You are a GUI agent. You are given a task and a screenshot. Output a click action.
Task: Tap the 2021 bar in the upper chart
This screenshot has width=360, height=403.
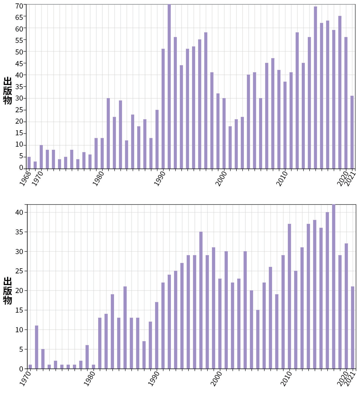tap(352, 132)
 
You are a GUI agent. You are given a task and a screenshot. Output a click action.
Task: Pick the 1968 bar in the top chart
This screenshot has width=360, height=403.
tap(29, 163)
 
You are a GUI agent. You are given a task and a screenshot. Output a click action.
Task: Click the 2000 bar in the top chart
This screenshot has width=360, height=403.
tap(224, 133)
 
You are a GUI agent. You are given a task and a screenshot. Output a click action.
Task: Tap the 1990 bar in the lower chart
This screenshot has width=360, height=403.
tap(157, 335)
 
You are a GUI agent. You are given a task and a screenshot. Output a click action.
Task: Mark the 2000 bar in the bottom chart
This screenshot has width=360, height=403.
tap(220, 324)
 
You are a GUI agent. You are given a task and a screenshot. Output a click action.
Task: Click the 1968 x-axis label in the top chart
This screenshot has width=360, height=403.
tap(25, 179)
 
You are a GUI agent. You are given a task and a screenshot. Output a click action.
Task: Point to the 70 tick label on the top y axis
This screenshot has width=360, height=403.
tap(19, 6)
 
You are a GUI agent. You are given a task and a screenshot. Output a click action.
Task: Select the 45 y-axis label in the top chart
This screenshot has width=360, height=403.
tap(19, 64)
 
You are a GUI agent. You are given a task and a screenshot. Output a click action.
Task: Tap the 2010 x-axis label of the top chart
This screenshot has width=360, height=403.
tap(282, 179)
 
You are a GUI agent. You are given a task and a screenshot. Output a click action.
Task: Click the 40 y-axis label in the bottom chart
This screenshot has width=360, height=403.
tap(19, 212)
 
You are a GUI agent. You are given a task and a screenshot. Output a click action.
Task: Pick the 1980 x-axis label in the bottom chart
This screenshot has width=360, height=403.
tap(90, 379)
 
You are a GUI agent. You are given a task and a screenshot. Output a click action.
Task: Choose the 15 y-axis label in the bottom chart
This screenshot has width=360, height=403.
tap(19, 310)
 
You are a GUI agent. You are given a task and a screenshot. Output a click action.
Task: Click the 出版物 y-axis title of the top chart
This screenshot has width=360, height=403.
tap(8, 90)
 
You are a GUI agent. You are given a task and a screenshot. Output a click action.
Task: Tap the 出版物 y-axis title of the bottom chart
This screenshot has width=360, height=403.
tap(8, 290)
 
